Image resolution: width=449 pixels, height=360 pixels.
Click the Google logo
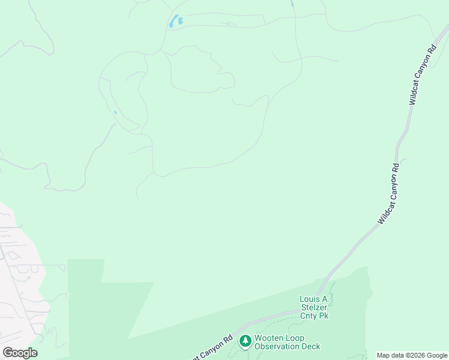tap(20, 353)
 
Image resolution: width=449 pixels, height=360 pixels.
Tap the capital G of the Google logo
tap(8, 353)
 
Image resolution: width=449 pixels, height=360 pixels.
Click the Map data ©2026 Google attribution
tap(412, 355)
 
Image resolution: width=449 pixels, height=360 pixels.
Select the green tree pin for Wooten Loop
tap(245, 341)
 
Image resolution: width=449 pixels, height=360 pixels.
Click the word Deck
tap(311, 346)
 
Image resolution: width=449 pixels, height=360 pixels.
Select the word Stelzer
tap(314, 307)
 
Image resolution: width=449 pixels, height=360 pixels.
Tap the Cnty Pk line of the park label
tap(314, 316)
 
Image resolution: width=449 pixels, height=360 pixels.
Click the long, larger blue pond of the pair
tap(174, 22)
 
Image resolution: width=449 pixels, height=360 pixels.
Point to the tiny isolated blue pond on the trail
tap(115, 112)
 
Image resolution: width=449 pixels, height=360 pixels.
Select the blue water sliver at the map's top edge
tap(292, 3)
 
